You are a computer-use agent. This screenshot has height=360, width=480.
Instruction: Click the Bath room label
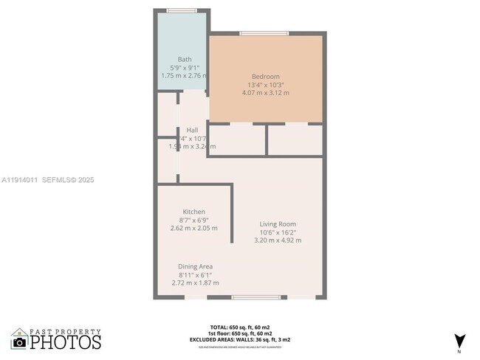(184, 59)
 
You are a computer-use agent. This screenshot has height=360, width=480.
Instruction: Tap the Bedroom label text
(265, 77)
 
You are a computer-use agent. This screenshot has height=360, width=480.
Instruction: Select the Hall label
(192, 130)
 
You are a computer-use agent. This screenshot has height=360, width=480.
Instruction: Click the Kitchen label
(193, 212)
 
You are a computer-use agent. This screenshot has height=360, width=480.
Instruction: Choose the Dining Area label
(195, 266)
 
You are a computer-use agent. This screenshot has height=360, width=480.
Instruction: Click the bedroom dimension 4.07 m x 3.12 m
(266, 93)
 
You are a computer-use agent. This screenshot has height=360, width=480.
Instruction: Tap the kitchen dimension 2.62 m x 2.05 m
(193, 228)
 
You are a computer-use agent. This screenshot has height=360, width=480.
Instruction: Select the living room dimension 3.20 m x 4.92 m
(277, 240)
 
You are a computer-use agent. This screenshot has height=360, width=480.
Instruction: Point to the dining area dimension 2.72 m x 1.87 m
(195, 282)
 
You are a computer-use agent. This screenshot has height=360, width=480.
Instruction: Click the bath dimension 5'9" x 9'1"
(184, 67)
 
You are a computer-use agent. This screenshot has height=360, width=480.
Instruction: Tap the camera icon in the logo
(20, 342)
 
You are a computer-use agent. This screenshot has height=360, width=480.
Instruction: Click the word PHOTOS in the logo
(65, 342)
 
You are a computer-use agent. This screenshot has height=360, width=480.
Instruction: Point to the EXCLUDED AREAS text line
(239, 339)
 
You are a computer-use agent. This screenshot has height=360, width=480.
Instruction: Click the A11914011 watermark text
(21, 179)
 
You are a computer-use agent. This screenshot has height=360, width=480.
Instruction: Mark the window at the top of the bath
(181, 10)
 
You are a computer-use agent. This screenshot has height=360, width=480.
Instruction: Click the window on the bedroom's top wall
(264, 33)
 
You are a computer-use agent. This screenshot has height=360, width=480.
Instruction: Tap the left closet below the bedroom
(237, 139)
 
